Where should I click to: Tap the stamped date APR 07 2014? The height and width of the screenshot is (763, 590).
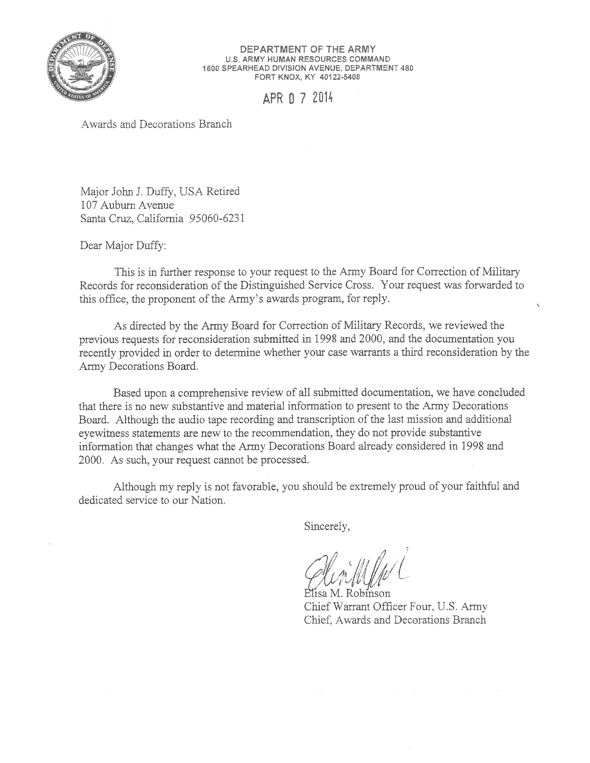pos(298,98)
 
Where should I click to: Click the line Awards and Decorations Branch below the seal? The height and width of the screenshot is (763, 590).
pos(156,124)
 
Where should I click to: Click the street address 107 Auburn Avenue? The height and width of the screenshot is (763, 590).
pos(127,205)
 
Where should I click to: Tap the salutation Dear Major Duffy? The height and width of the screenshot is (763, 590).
pos(123,246)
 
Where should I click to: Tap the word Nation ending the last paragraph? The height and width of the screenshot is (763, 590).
pos(207,500)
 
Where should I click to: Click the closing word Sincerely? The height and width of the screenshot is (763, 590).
pos(327,526)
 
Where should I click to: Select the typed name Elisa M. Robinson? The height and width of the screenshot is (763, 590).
pos(347,593)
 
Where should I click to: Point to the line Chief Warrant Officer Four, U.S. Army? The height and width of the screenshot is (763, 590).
pos(395,606)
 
